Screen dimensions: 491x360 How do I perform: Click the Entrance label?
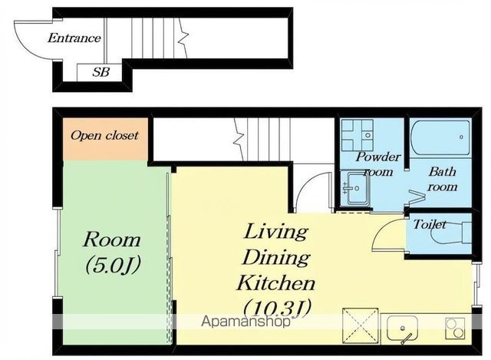click(x=74, y=38)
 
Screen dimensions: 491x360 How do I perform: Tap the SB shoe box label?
click(x=101, y=72)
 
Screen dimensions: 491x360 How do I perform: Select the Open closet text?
click(x=104, y=135)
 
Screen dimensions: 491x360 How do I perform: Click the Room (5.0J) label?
click(x=112, y=253)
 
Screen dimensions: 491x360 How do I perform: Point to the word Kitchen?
click(x=276, y=283)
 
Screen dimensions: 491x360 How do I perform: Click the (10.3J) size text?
click(x=278, y=308)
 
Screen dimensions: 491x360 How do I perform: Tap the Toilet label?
click(x=430, y=224)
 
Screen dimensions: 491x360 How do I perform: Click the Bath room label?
click(x=443, y=179)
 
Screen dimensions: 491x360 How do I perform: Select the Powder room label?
click(x=378, y=163)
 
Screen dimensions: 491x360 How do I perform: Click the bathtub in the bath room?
click(x=440, y=138)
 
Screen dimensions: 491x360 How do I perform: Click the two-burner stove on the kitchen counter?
click(x=455, y=328)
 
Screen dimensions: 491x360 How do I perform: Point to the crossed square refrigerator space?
click(x=361, y=326)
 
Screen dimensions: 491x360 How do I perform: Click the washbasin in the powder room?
click(x=354, y=188)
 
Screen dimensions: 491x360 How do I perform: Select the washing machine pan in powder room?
click(x=358, y=135)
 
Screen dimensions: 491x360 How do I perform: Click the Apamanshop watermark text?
click(x=245, y=322)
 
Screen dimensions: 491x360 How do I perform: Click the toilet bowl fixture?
click(x=453, y=232)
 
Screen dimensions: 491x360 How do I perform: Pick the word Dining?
click(x=276, y=258)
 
